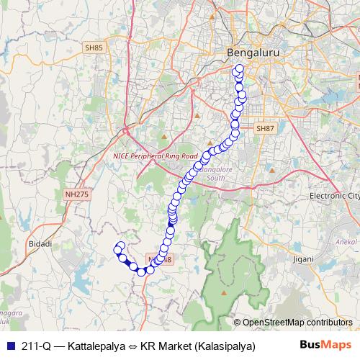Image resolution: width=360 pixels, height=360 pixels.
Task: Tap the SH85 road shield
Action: point(94,48)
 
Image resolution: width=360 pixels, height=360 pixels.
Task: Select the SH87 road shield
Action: point(266,128)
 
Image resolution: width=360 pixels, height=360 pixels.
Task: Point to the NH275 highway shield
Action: point(76,194)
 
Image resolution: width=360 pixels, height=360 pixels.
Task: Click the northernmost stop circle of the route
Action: point(240,69)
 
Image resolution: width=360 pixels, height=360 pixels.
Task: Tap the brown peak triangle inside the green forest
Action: point(223,294)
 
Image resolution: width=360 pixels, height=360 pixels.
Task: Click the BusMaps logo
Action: point(326,344)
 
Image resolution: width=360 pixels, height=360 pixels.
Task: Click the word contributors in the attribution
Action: point(330,323)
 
